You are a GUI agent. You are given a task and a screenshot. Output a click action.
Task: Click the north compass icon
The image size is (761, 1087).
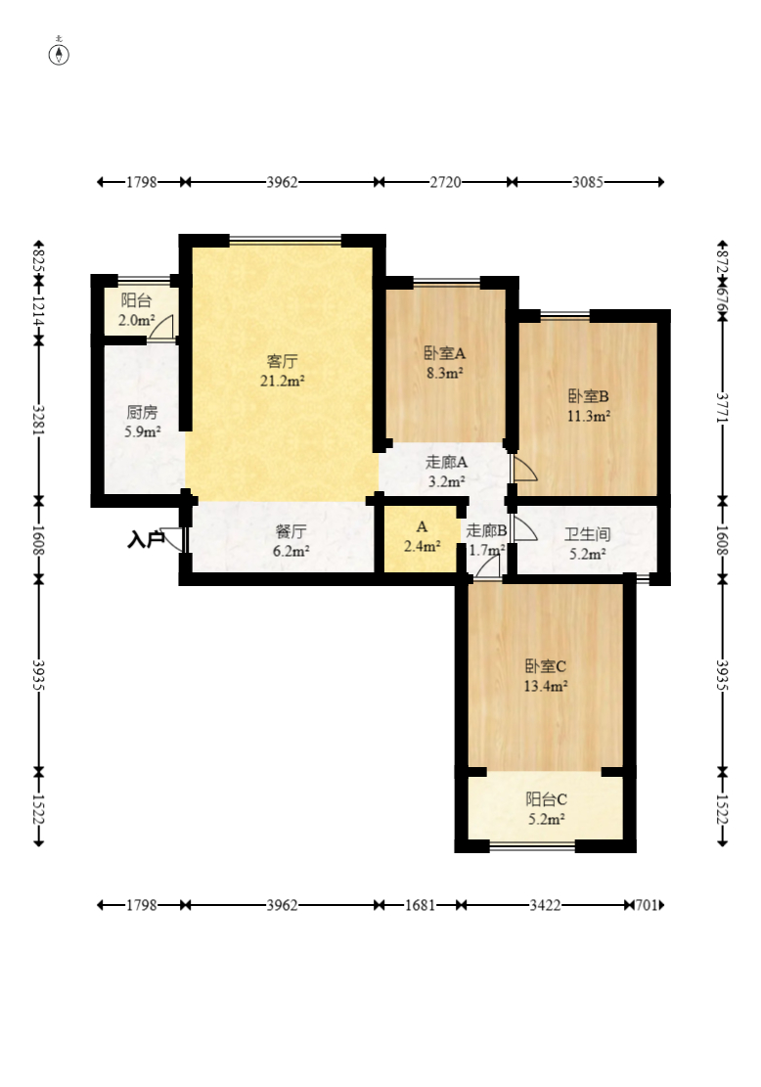59,53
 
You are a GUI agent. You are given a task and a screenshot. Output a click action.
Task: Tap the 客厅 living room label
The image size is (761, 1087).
282,361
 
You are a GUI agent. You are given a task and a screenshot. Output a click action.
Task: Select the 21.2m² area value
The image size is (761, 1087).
283,381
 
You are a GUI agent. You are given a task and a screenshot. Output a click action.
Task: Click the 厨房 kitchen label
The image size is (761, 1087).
142,413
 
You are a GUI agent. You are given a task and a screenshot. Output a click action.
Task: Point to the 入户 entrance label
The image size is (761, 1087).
146,539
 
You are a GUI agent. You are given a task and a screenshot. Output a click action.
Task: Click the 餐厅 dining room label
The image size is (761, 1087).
291,531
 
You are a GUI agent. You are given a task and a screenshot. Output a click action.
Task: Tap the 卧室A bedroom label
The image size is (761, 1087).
445,353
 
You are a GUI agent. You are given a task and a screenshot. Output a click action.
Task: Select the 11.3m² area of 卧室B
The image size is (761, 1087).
589,416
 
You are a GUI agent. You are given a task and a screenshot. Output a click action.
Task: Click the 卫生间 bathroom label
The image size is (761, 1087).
588,534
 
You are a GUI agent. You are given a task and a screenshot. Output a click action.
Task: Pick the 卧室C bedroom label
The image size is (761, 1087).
546,666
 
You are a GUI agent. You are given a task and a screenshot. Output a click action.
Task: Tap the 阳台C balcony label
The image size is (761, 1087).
546,799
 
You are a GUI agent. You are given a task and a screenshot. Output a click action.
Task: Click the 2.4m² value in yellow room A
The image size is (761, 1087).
423,546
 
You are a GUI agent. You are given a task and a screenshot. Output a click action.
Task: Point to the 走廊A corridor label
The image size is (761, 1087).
446,462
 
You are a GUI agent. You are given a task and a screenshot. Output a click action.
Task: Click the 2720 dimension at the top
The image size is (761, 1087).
445,182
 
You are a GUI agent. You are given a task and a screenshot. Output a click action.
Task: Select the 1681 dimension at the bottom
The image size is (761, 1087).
420,905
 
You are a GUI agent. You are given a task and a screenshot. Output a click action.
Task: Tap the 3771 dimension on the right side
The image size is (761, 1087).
723,408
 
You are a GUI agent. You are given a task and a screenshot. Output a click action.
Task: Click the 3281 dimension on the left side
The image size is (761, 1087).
39,420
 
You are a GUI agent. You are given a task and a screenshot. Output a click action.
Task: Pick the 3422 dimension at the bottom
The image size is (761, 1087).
545,905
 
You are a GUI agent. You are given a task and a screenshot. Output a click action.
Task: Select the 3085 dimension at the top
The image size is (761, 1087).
588,182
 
